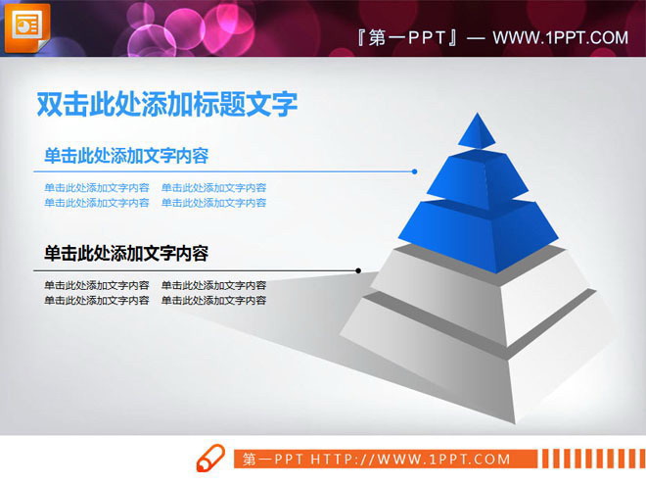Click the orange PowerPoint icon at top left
click(26, 27)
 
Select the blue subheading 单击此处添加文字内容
click(126, 156)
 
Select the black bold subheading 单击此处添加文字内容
click(126, 254)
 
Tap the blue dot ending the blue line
click(415, 171)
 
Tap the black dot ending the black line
click(359, 270)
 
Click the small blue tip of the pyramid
click(477, 131)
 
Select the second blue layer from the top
click(479, 175)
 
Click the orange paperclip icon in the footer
click(211, 459)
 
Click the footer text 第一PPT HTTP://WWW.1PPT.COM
click(377, 459)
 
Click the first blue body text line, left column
click(97, 188)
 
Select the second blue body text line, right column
click(214, 203)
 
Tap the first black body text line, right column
click(214, 286)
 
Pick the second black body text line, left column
click(97, 301)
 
